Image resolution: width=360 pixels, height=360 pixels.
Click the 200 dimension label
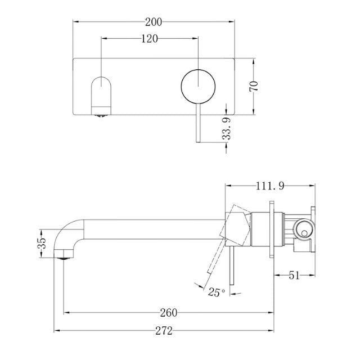pyautogui.click(x=153, y=22)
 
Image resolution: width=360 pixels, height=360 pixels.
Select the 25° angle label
pyautogui.click(x=216, y=292)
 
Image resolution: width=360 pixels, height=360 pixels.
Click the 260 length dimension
pyautogui.click(x=169, y=312)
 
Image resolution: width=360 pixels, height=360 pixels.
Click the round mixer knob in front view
pyautogui.click(x=197, y=87)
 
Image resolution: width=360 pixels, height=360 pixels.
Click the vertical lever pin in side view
pyautogui.click(x=229, y=270)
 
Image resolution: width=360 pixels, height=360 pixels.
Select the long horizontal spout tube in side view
pyautogui.click(x=152, y=229)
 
